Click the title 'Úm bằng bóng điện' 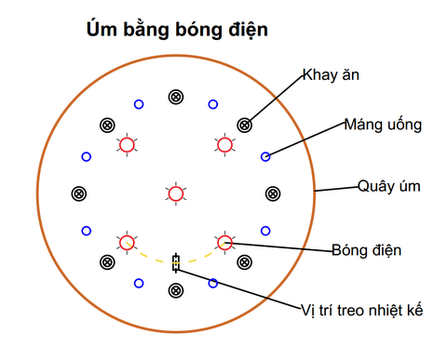[177, 30]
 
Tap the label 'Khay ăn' [331, 75]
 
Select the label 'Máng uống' [383, 126]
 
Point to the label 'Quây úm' [389, 187]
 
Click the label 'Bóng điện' [367, 250]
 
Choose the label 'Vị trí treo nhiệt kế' [362, 311]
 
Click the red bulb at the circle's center [176, 193]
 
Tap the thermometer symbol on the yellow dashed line [176, 263]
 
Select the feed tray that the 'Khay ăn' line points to [245, 126]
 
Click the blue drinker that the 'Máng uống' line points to [265, 156]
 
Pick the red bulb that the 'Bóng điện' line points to [224, 243]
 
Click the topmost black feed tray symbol [176, 97]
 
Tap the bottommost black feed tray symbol [176, 291]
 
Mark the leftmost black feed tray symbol [79, 193]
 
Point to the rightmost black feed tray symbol [273, 193]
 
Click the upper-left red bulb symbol [127, 145]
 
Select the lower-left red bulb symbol [127, 243]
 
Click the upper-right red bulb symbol [224, 145]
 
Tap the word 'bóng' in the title [198, 30]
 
